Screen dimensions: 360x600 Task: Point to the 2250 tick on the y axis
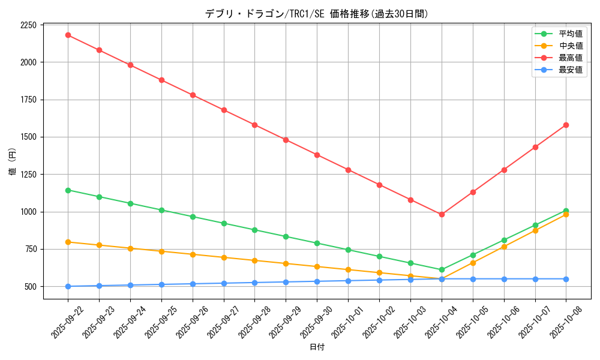pos(28,25)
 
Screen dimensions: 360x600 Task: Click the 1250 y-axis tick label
pos(28,175)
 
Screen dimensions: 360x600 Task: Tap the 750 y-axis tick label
pos(30,249)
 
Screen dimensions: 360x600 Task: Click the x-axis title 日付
pos(317,347)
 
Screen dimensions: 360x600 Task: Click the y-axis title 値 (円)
pos(13,162)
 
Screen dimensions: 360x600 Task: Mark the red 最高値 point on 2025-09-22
pos(68,35)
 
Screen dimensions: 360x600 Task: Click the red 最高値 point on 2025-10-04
pos(442,214)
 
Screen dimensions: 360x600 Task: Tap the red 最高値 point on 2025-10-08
pos(566,125)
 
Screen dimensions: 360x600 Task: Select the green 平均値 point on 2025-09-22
pos(68,190)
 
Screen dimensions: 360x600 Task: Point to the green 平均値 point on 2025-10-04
pos(442,269)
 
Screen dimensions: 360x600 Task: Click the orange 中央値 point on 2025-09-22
pos(68,242)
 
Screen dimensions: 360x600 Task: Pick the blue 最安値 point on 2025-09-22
pos(68,286)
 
